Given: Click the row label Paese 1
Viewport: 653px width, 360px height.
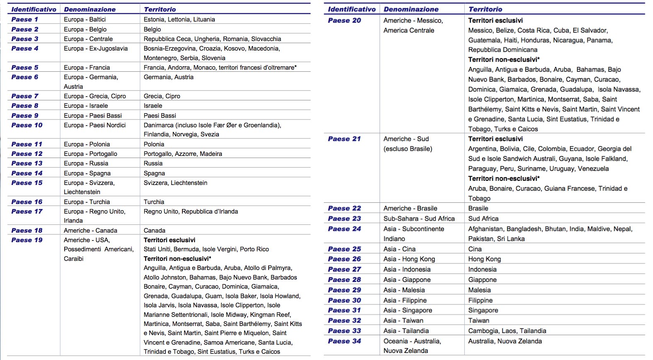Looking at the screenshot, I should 25,19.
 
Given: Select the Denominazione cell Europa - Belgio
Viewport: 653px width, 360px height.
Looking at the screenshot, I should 85,29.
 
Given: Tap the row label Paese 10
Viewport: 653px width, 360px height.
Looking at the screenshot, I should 27,125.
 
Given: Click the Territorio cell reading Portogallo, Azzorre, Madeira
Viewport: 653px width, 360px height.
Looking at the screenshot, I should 183,154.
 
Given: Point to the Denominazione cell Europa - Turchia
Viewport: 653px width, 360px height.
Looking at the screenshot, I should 87,202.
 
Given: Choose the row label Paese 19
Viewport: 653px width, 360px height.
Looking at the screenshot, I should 27,240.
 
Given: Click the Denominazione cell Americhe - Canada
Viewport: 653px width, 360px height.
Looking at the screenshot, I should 90,231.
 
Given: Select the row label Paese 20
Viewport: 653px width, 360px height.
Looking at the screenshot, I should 345,20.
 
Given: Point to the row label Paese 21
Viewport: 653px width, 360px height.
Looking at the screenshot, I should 345,139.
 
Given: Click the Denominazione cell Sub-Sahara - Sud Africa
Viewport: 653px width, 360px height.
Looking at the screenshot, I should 419,219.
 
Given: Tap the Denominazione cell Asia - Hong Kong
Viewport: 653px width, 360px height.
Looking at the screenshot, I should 409,259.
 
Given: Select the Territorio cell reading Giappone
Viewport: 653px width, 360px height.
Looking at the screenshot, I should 482,280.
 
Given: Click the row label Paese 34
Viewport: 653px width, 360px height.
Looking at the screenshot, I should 345,341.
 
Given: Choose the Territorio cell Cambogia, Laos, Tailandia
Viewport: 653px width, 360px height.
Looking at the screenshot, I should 507,331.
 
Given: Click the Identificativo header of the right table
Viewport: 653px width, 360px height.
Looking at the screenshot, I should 352,9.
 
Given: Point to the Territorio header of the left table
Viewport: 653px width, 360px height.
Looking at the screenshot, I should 160,9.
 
